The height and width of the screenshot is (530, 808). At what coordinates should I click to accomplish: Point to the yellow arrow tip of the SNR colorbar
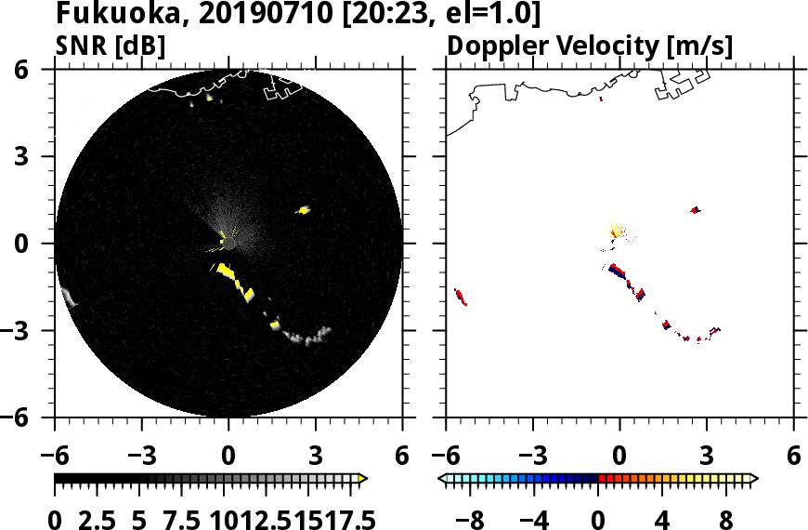(x=363, y=479)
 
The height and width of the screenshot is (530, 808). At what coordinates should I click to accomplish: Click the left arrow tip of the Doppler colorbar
(x=442, y=479)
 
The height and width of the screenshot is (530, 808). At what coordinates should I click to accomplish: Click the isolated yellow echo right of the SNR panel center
(x=304, y=210)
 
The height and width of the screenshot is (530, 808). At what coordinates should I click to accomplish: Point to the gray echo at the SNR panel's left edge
(x=68, y=298)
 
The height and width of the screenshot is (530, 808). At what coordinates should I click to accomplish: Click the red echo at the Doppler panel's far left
(x=461, y=298)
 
